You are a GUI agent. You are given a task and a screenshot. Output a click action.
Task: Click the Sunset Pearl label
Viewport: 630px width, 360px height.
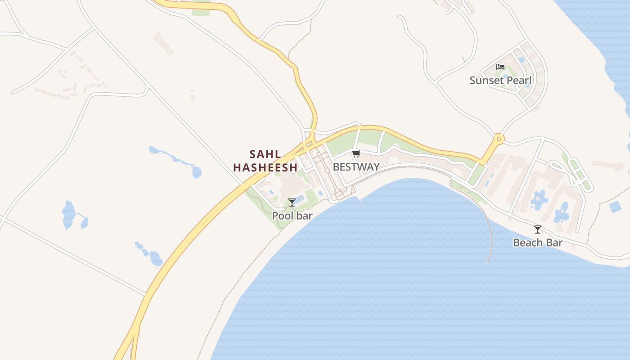pyautogui.click(x=500, y=81)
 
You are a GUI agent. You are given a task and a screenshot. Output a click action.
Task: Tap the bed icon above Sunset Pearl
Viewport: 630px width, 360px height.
pyautogui.click(x=500, y=67)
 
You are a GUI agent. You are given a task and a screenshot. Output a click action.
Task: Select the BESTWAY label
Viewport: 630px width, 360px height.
pyautogui.click(x=356, y=167)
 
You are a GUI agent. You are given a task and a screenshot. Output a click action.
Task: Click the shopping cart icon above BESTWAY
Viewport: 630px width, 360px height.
pyautogui.click(x=356, y=154)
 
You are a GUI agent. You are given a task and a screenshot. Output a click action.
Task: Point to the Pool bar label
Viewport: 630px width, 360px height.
pyautogui.click(x=292, y=216)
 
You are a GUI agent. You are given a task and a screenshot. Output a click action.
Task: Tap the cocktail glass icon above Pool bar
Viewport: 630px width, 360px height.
pyautogui.click(x=292, y=202)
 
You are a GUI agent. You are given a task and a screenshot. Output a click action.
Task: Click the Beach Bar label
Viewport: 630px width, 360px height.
pyautogui.click(x=538, y=243)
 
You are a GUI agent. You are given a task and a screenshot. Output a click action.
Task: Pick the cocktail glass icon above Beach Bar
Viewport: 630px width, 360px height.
pyautogui.click(x=538, y=229)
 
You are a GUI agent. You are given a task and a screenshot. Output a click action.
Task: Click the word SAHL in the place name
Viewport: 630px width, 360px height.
pyautogui.click(x=265, y=154)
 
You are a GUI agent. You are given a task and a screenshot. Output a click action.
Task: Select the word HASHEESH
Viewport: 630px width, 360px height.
pyautogui.click(x=265, y=167)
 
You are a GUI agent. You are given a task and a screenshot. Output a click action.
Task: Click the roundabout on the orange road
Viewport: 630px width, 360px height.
pyautogui.click(x=498, y=139)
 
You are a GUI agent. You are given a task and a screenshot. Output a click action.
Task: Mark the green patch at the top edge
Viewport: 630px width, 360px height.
pyautogui.click(x=201, y=9)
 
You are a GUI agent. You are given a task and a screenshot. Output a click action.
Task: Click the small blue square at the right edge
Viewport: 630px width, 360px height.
pyautogui.click(x=615, y=207)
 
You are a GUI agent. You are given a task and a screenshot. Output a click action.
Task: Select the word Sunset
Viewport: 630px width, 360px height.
pyautogui.click(x=485, y=81)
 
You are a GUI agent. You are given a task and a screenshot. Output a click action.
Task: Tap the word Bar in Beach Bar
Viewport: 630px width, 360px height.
pyautogui.click(x=554, y=243)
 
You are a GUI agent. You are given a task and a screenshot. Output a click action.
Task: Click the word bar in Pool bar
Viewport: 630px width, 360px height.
pyautogui.click(x=305, y=216)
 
